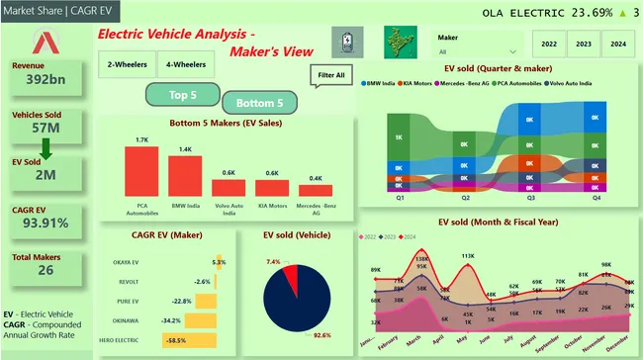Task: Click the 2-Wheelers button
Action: coord(127,64)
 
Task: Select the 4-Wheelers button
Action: coord(186,64)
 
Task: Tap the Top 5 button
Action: coord(182,95)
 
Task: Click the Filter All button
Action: coord(331,75)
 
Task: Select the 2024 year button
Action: coord(616,44)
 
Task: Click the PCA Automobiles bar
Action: coord(141,173)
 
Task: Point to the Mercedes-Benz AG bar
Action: coord(316,190)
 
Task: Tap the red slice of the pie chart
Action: coord(288,276)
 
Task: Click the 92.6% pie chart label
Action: coord(320,336)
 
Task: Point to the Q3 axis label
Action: coord(530,198)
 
